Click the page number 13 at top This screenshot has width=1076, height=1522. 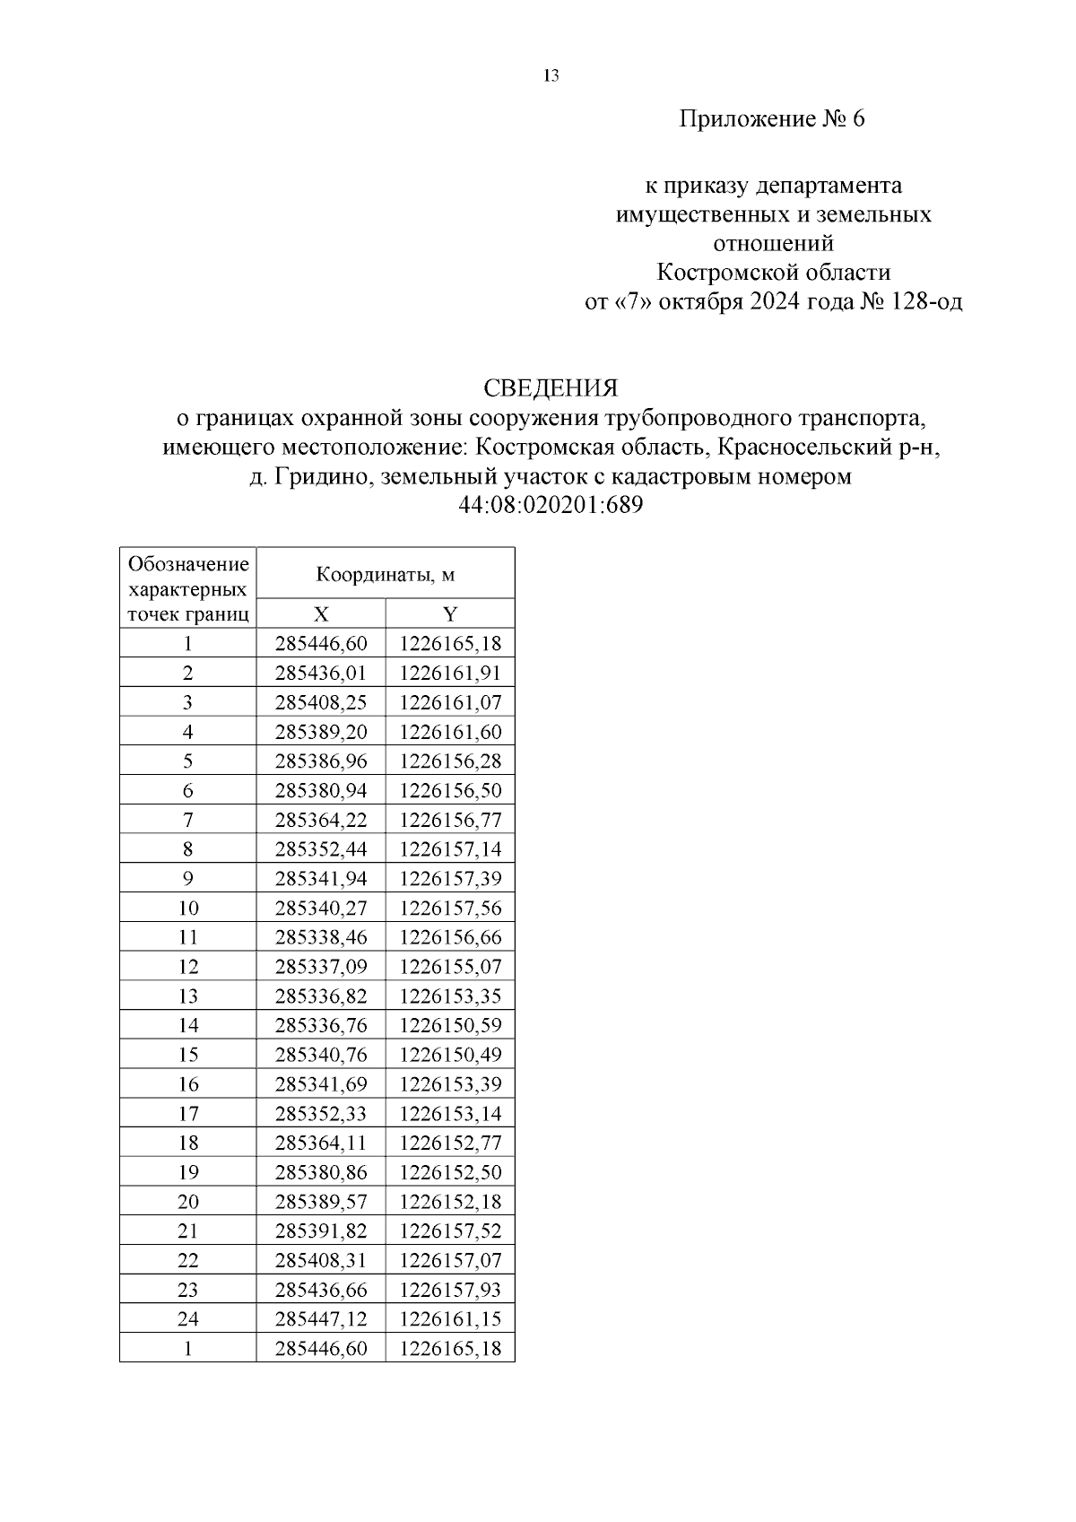click(x=551, y=76)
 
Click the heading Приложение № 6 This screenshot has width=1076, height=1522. click(x=771, y=119)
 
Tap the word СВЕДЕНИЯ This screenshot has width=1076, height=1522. click(x=551, y=387)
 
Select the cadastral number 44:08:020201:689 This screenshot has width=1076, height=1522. click(x=551, y=505)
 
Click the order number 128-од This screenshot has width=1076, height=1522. click(x=926, y=301)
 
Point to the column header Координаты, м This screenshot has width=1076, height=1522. click(x=386, y=575)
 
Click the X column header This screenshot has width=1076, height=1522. click(x=321, y=614)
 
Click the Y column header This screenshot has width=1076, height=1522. click(x=450, y=614)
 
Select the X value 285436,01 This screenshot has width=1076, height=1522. click(x=321, y=673)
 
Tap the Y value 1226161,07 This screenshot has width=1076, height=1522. click(x=450, y=702)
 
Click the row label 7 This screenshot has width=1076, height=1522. click(x=188, y=820)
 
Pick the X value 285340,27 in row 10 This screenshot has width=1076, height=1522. click(x=321, y=908)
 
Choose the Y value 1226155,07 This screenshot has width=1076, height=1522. click(x=450, y=967)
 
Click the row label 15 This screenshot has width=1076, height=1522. click(x=188, y=1055)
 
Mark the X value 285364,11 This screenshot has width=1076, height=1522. click(x=321, y=1143)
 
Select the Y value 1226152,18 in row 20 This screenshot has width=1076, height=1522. click(x=450, y=1202)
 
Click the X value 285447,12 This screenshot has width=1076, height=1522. click(x=321, y=1319)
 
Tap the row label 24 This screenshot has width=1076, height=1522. click(x=188, y=1319)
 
